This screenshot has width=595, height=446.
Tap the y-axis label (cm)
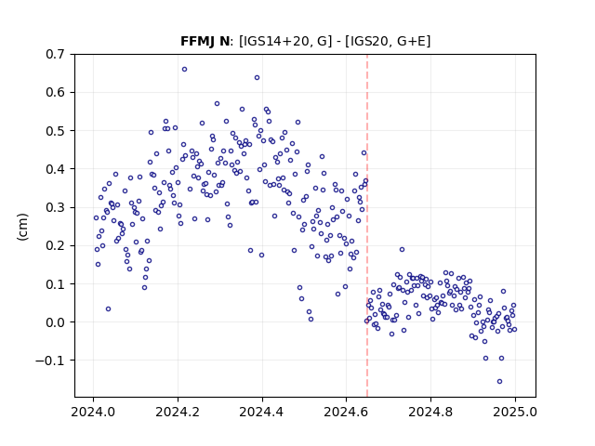click(x=22, y=227)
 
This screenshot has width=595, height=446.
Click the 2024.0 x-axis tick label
click(x=93, y=412)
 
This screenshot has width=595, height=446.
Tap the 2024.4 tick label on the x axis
click(x=262, y=412)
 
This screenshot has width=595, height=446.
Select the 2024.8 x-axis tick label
click(x=430, y=412)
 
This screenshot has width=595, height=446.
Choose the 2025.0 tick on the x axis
click(x=515, y=412)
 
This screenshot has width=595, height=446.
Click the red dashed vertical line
click(x=367, y=226)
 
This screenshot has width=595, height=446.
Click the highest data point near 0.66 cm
click(x=184, y=70)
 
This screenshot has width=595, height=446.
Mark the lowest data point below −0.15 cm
click(x=500, y=381)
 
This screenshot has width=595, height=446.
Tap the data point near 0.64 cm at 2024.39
click(x=257, y=78)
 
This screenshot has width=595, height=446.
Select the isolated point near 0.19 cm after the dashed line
click(x=402, y=250)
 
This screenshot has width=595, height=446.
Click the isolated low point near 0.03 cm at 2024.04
click(x=108, y=309)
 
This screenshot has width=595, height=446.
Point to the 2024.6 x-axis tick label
click(x=346, y=412)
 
